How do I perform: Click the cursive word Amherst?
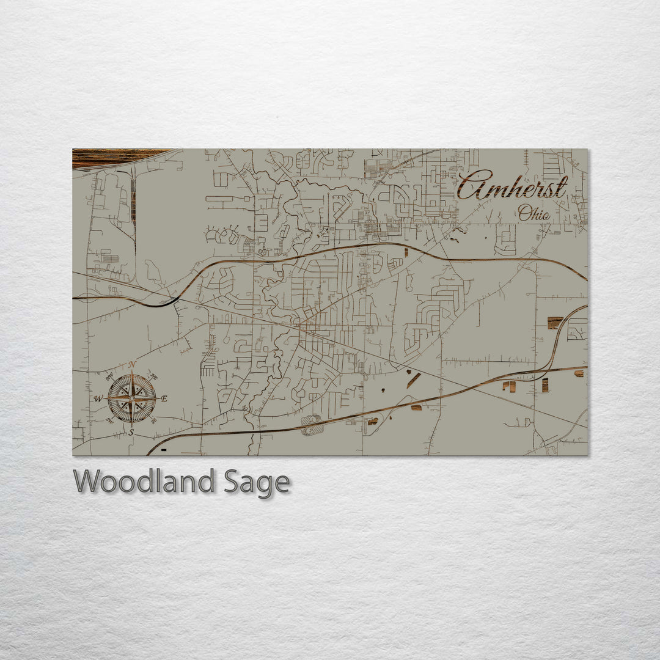[x=512, y=186]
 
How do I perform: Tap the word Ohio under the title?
[x=533, y=214]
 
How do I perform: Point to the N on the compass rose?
[x=131, y=365]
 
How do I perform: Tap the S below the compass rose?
[x=131, y=432]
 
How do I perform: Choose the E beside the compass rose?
[x=164, y=398]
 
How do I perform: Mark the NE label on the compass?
[x=154, y=376]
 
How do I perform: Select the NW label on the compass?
[x=110, y=376]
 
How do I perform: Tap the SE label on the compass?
[x=153, y=420]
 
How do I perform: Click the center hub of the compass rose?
[x=131, y=398]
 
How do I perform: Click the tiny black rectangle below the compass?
[x=164, y=449]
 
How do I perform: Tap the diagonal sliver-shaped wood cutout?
[x=414, y=380]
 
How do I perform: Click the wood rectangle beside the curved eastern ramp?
[x=555, y=323]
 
